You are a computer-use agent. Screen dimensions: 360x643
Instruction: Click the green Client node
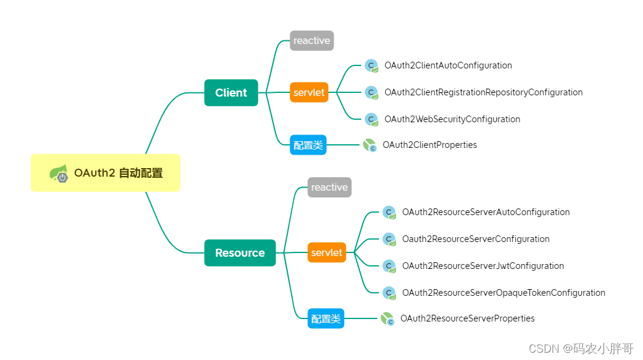(231, 93)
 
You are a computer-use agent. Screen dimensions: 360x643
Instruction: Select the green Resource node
(240, 253)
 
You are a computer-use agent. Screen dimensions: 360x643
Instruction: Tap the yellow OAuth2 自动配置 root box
(106, 173)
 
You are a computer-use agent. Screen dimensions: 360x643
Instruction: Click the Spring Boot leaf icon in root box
(59, 174)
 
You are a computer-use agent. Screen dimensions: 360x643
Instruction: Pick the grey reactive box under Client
(312, 41)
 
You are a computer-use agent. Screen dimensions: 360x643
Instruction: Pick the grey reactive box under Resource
(329, 188)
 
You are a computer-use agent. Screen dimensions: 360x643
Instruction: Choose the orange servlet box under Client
(309, 93)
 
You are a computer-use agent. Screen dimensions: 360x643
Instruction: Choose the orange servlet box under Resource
(326, 252)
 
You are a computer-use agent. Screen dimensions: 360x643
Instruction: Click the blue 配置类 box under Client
(308, 145)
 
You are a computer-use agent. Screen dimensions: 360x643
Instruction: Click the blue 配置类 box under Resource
(326, 319)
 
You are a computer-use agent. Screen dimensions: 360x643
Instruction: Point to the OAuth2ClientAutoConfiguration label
(448, 65)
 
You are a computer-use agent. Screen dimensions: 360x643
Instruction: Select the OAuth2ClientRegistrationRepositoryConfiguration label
(483, 92)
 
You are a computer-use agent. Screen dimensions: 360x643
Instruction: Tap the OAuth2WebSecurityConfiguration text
(452, 119)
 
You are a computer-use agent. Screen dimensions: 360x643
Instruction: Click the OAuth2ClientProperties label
(430, 145)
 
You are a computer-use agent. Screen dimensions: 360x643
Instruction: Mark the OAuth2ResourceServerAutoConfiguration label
(486, 212)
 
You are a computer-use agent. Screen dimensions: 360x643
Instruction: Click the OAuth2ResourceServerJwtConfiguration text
(483, 266)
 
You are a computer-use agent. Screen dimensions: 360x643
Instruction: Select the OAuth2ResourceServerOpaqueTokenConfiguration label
(504, 293)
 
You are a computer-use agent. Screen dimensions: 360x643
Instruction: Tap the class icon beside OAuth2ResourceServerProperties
(387, 318)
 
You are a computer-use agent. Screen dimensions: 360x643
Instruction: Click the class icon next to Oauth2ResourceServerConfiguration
(389, 239)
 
